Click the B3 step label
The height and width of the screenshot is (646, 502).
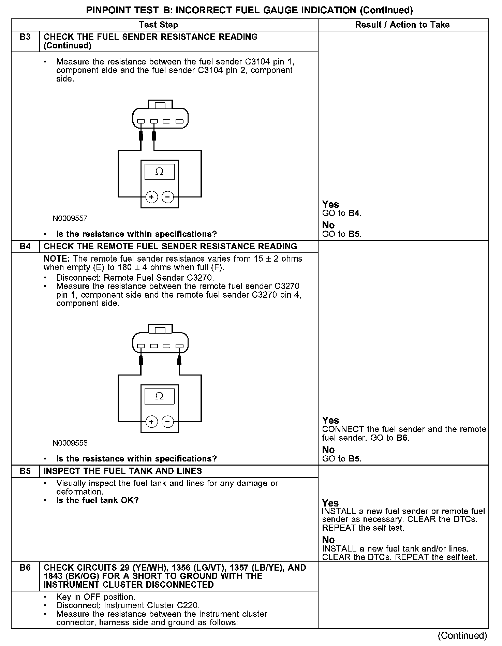(x=25, y=37)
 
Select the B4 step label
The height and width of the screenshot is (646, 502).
(x=25, y=247)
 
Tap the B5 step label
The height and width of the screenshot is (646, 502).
(x=25, y=471)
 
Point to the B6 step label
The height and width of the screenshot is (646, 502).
(x=25, y=568)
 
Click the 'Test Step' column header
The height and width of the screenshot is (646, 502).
(x=158, y=25)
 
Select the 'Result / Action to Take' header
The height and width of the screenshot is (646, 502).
(x=402, y=25)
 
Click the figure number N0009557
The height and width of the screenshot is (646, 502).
(x=70, y=218)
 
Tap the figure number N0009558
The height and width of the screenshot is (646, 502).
(x=70, y=443)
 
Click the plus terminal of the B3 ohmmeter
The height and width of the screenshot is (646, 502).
(x=151, y=197)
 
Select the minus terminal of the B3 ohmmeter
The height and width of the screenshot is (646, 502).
(x=167, y=197)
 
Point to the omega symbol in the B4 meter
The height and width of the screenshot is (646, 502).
(x=159, y=396)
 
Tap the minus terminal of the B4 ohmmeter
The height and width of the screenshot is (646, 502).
(x=167, y=422)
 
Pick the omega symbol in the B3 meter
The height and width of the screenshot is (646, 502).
(x=159, y=172)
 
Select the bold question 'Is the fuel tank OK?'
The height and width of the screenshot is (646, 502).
(x=98, y=501)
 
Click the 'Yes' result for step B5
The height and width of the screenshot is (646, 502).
(x=330, y=503)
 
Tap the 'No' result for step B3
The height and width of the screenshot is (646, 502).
(x=328, y=225)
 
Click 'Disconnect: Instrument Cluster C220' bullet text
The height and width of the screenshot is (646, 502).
(x=128, y=605)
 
